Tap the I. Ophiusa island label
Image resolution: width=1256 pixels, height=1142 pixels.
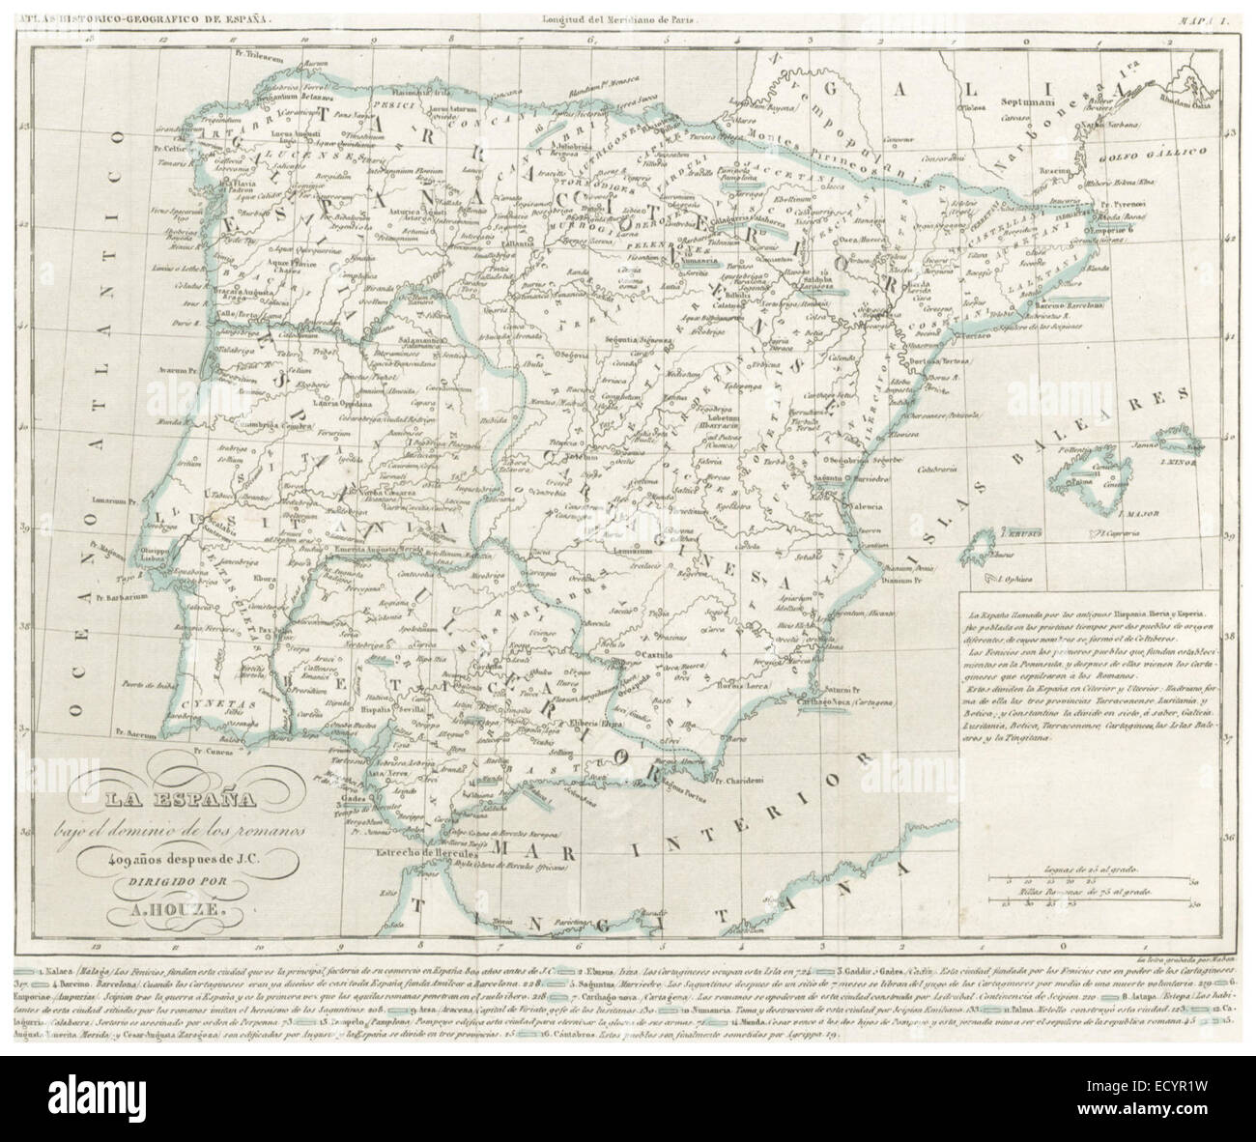(x=1006, y=578)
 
